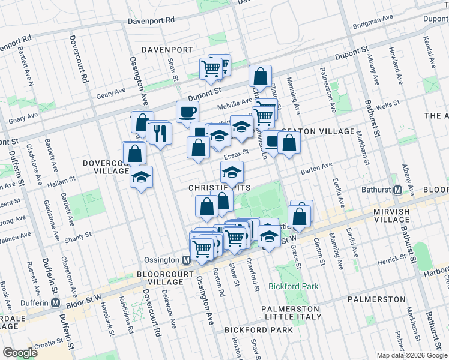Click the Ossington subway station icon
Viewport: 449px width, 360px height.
tap(186, 260)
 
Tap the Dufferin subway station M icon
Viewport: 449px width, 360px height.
tap(55, 302)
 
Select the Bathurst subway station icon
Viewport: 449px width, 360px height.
tap(397, 190)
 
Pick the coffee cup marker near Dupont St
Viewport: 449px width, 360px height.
tap(187, 112)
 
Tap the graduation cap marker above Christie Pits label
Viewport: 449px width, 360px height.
tap(231, 172)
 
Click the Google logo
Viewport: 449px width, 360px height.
tap(20, 353)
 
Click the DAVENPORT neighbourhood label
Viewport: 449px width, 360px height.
tap(167, 49)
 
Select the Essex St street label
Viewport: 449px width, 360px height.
tap(236, 152)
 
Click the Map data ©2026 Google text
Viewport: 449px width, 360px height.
tap(412, 355)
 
